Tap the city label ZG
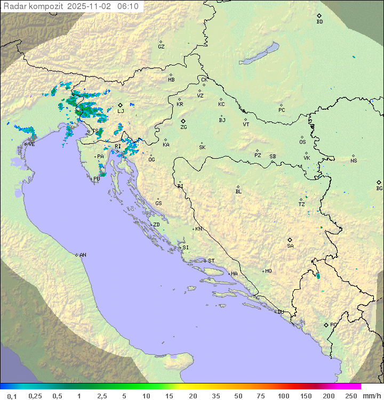(183, 127)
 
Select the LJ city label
(121, 111)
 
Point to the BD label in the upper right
(319, 22)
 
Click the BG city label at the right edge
(379, 188)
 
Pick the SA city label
(290, 246)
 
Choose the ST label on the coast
(211, 261)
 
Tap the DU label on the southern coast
(281, 312)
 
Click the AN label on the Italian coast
(83, 255)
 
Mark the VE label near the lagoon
(31, 144)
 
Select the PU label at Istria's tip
(97, 179)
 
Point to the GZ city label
(161, 47)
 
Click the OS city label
(302, 142)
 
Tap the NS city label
(354, 161)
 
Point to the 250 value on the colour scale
(351, 396)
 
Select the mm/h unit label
(371, 396)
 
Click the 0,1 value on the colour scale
(12, 396)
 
